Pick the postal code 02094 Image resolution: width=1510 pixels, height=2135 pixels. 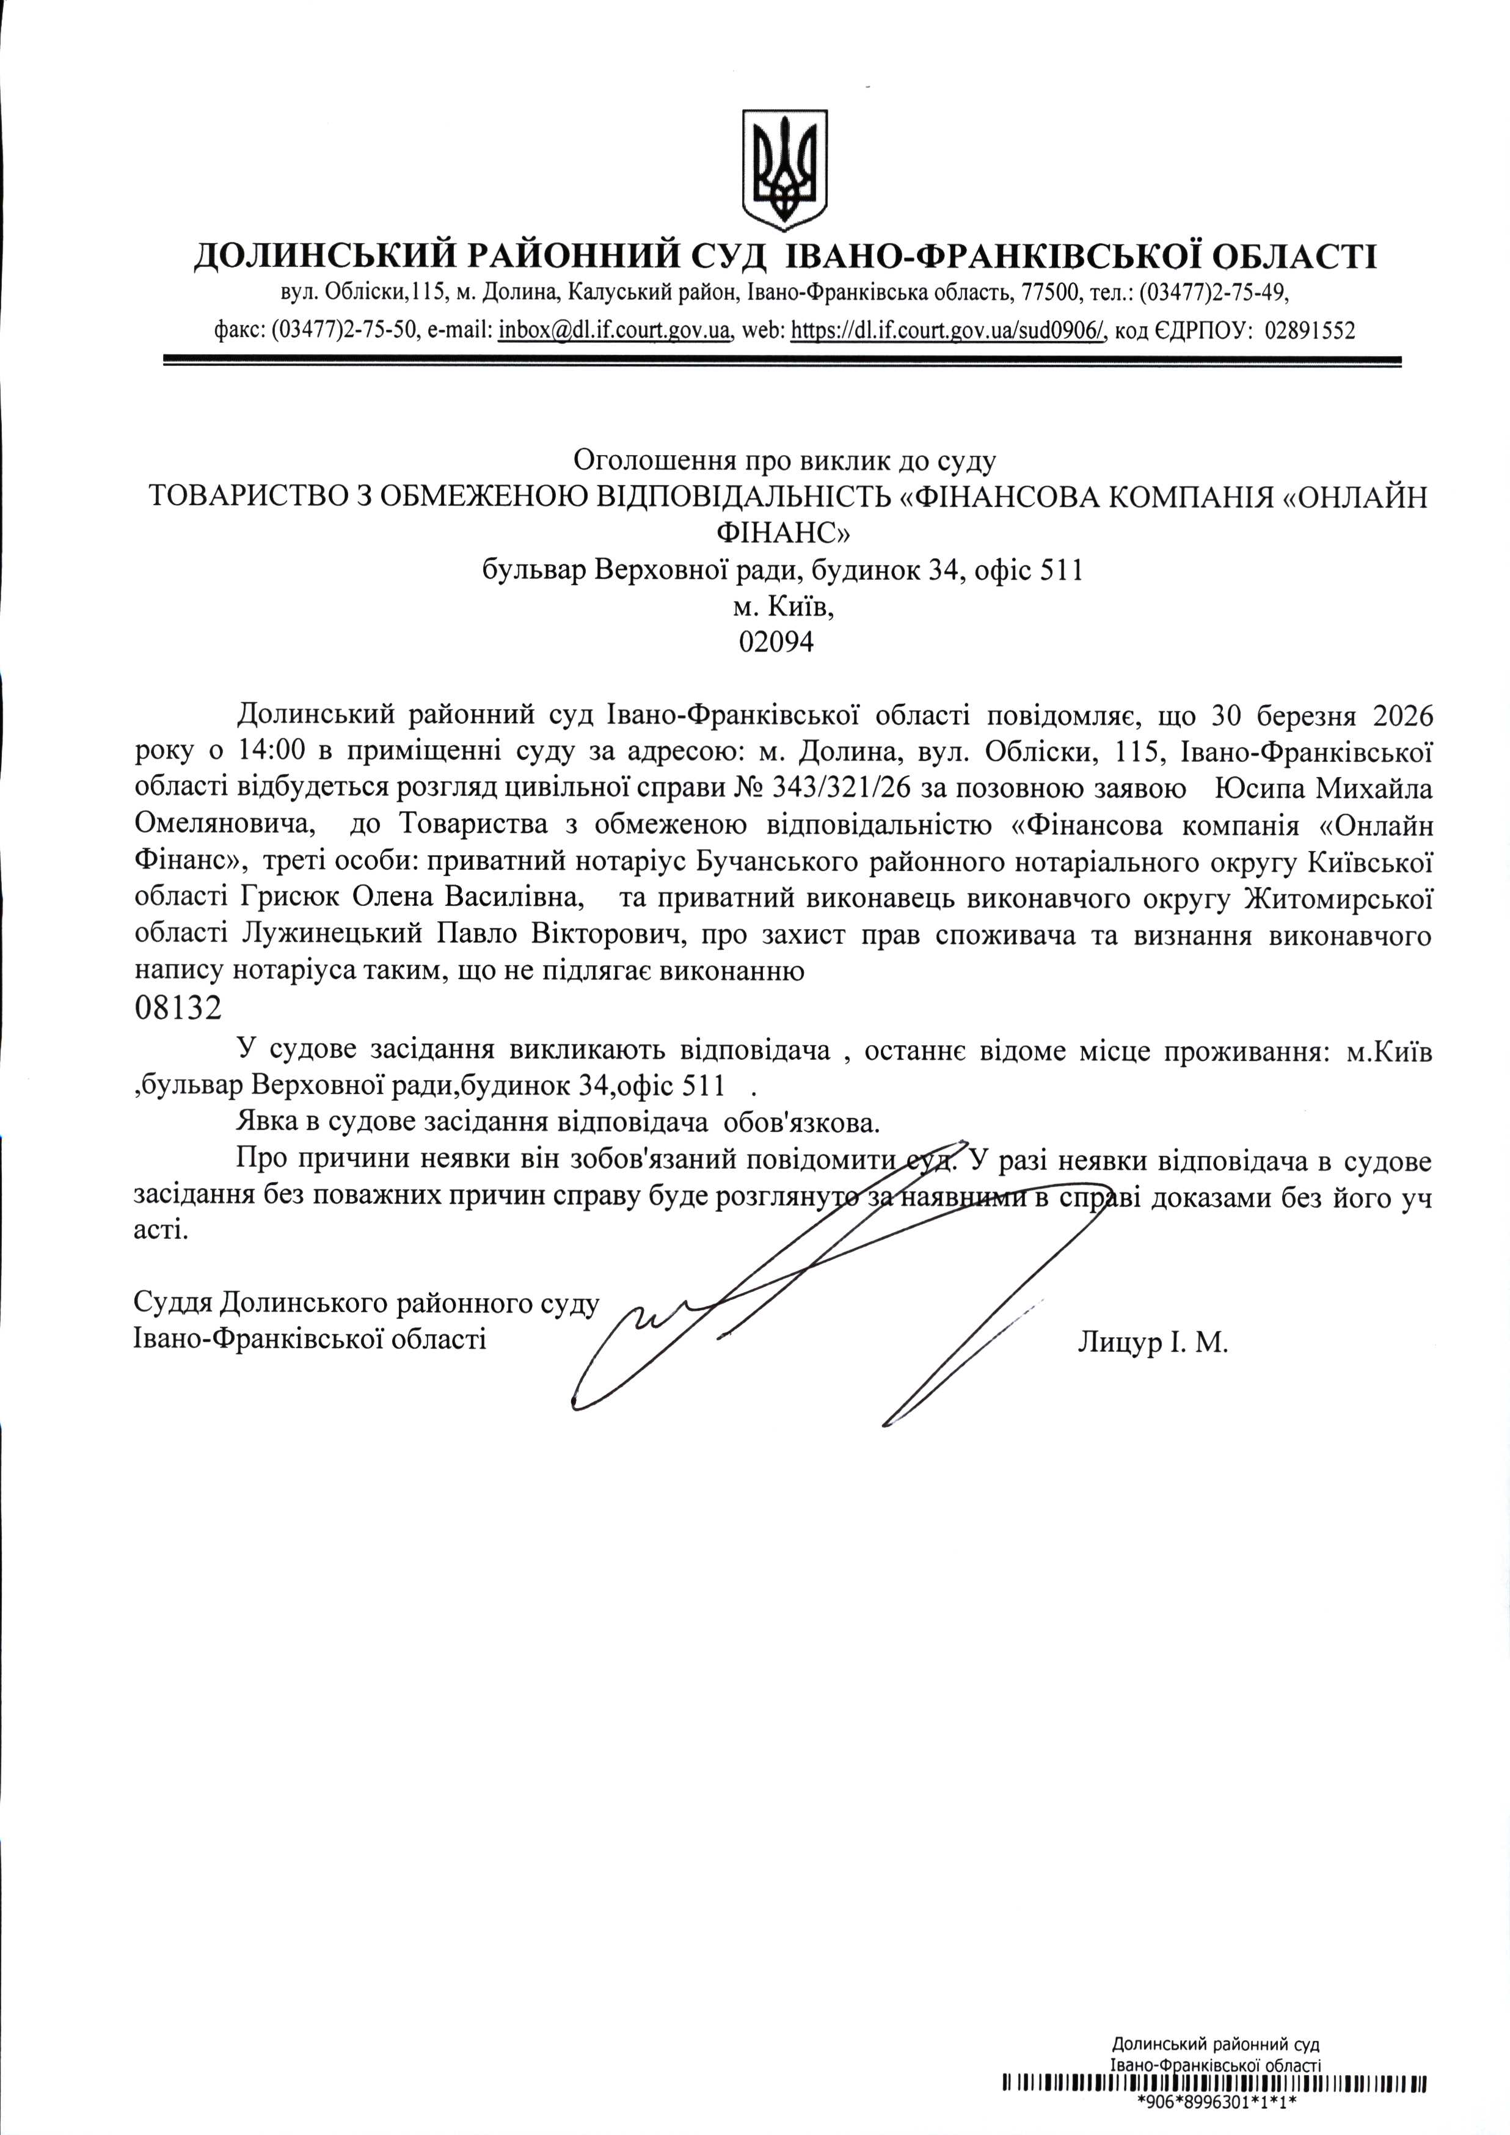point(775,641)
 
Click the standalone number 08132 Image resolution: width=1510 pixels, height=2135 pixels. point(180,1008)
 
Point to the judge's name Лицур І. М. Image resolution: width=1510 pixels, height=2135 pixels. point(1153,1343)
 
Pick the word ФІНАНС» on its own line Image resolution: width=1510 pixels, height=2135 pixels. point(783,532)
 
